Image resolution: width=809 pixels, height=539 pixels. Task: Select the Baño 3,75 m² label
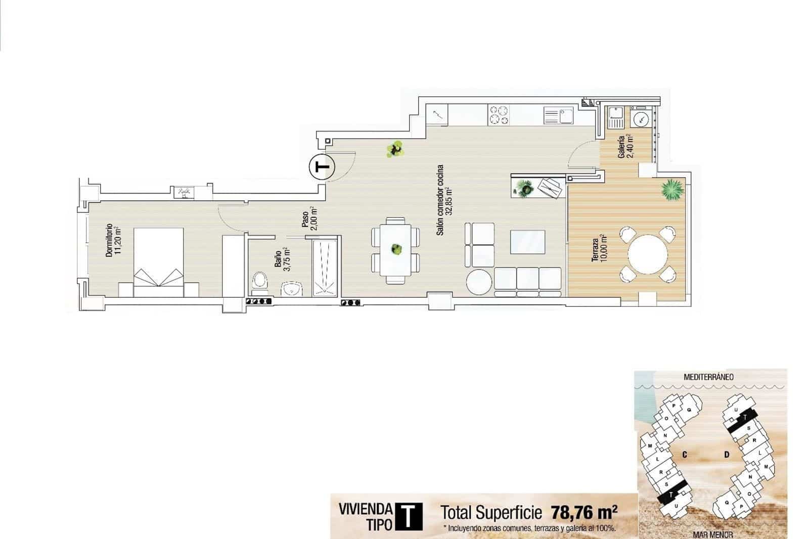point(282,259)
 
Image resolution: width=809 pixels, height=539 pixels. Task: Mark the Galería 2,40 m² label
point(625,146)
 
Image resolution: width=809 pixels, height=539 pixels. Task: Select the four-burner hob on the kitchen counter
point(498,115)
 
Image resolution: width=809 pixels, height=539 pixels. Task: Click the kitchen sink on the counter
point(558,115)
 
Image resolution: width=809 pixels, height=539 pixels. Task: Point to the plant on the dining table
point(396,249)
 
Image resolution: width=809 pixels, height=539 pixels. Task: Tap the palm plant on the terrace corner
point(672,190)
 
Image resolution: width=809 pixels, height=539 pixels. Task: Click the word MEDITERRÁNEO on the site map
point(708,377)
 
